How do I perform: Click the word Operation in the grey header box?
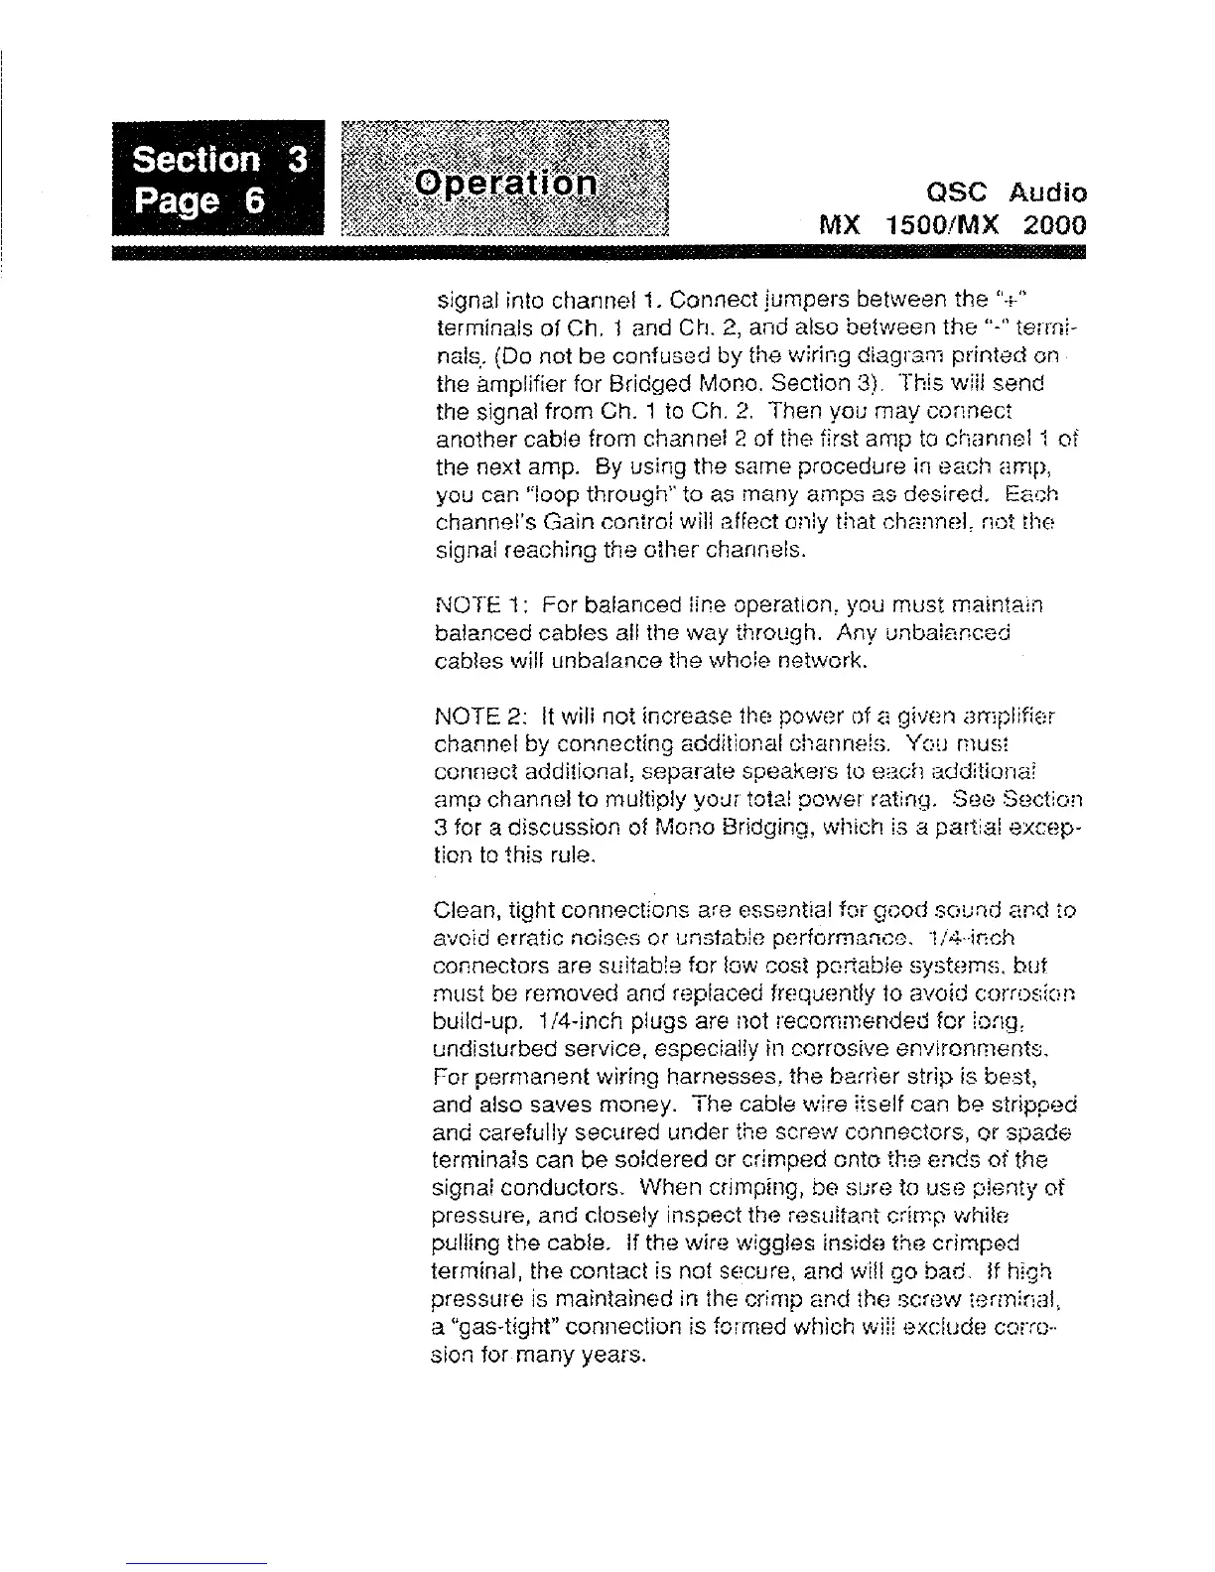[506, 185]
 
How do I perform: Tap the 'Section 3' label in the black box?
[219, 160]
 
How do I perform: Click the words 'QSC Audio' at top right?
[1004, 193]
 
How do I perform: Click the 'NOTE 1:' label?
[472, 605]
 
